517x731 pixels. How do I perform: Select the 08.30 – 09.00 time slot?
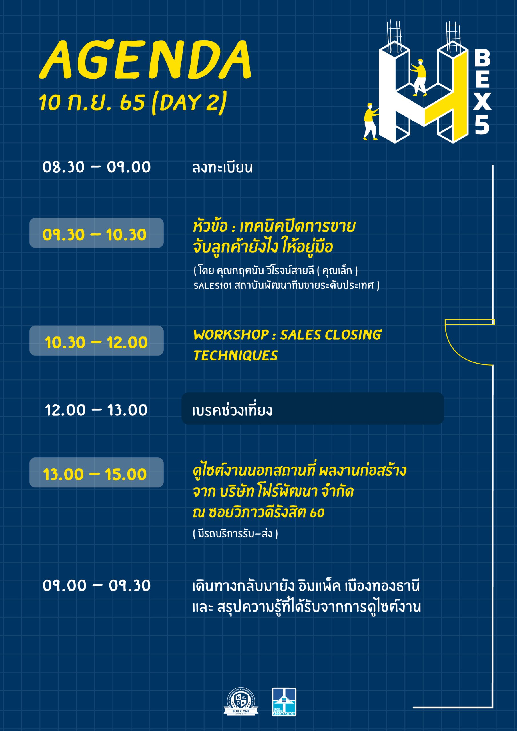(96, 167)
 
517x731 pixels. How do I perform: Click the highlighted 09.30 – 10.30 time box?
(96, 233)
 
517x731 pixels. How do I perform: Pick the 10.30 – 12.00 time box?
(96, 341)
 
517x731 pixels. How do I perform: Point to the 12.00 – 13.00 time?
(96, 410)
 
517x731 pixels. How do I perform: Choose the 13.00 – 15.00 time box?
(96, 473)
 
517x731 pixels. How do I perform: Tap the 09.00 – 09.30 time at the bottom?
(96, 585)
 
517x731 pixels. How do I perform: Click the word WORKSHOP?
(231, 335)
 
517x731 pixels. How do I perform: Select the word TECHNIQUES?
(235, 356)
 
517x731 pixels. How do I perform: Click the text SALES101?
(212, 286)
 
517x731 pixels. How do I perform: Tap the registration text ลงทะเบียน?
(222, 168)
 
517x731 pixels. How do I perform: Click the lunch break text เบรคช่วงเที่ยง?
(232, 410)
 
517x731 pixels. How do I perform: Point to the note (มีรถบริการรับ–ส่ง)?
(235, 533)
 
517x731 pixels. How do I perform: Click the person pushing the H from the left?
(371, 121)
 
